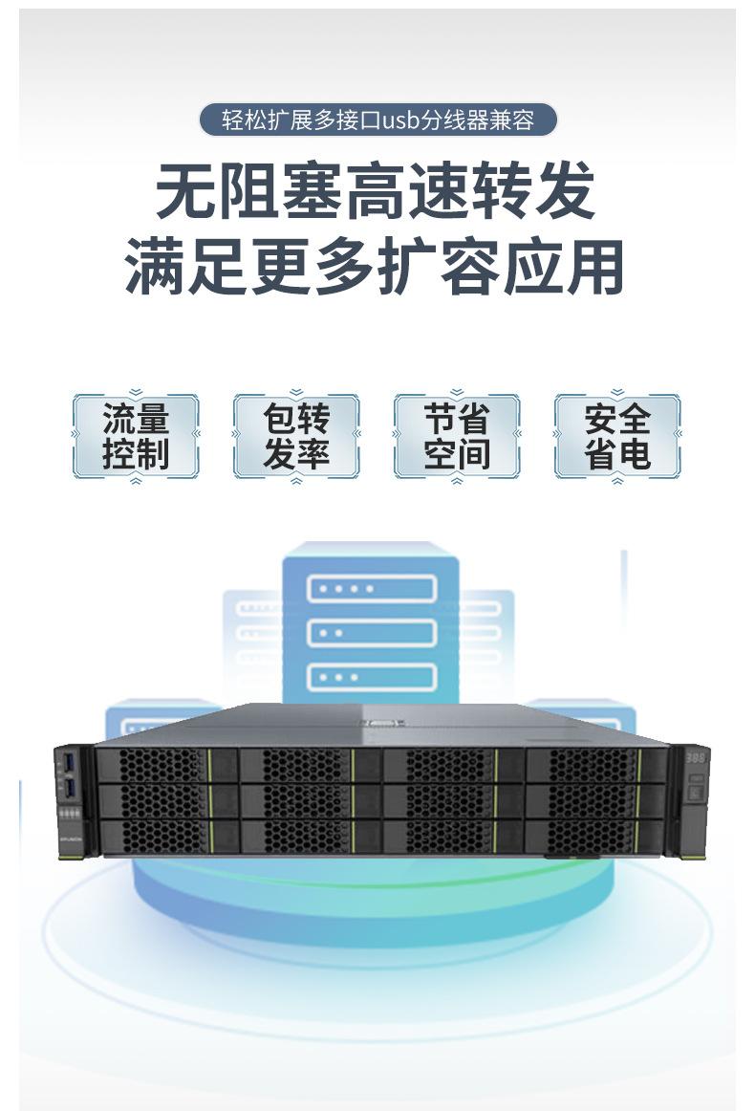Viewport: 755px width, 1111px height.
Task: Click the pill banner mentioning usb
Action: coord(377,120)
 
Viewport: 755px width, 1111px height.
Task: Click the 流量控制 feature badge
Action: coord(136,435)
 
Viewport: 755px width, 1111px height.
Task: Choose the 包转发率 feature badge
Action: coord(296,435)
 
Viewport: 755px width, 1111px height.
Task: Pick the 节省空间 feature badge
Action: coord(457,435)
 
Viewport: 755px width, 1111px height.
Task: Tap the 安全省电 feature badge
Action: coord(617,435)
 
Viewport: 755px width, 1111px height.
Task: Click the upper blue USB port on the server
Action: coord(68,762)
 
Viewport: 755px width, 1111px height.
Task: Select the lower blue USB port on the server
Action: coord(68,787)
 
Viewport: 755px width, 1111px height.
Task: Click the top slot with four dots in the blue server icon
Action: coord(371,588)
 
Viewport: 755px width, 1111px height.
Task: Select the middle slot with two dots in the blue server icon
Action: coord(371,632)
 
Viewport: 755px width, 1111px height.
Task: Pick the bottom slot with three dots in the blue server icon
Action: coord(371,676)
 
